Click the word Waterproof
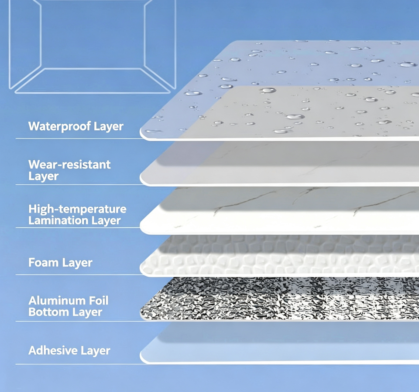[59, 126]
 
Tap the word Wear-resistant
[69, 165]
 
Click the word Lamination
[58, 220]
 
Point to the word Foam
[44, 262]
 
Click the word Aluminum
[57, 301]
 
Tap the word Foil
[99, 301]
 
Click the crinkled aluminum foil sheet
[279, 299]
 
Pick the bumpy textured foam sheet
[279, 256]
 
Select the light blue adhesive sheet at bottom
[279, 344]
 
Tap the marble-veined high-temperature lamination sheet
[279, 211]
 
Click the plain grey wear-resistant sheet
[279, 164]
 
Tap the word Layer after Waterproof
[109, 127]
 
